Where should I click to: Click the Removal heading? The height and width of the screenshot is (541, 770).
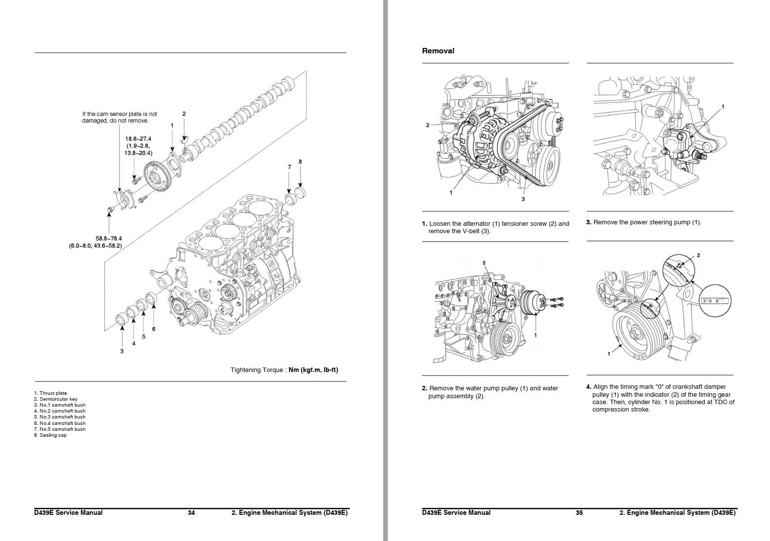(438, 51)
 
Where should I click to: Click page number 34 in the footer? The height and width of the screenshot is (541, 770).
(191, 513)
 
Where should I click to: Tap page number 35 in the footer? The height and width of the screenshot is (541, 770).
(579, 513)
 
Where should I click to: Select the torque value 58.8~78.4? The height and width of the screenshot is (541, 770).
(109, 239)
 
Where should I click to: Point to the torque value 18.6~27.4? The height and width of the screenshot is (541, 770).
(138, 139)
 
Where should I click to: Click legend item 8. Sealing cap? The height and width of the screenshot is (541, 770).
(50, 435)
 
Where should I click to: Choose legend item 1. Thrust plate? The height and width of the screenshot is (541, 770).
(50, 393)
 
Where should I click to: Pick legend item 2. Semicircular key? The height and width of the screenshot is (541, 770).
(56, 399)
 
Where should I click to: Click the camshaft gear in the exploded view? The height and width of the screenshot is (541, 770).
(157, 178)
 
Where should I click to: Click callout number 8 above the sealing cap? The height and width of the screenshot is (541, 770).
(300, 162)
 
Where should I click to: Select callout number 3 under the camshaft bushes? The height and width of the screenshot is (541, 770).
(122, 351)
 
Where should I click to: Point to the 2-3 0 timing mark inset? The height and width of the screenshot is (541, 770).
(714, 300)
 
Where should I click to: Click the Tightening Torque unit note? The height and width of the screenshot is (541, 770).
(284, 370)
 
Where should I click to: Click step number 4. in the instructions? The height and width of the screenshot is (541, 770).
(588, 387)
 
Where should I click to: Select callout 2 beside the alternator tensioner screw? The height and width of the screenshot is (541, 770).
(427, 125)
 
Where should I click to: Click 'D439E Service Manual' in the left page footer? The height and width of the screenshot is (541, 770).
(68, 513)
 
